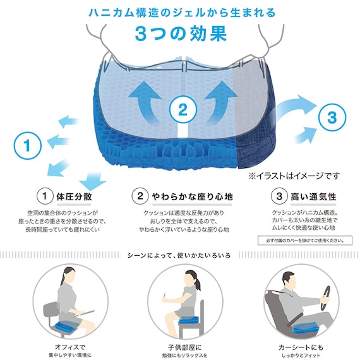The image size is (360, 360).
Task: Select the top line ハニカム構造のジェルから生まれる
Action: (180, 13)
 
